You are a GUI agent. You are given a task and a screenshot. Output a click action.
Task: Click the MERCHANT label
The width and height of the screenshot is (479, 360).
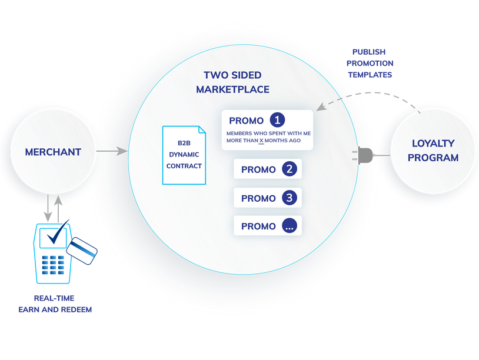pos(53,152)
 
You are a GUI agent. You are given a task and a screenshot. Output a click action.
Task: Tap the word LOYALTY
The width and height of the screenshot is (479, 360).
pos(433,144)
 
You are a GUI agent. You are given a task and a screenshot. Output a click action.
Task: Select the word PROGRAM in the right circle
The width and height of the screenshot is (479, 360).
pos(433,158)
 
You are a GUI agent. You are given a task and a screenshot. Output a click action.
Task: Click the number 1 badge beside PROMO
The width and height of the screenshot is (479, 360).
pos(277,120)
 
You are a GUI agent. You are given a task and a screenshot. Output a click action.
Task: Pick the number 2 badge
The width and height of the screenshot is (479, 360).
pos(289,169)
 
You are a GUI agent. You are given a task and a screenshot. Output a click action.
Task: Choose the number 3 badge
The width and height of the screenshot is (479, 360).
pos(289,198)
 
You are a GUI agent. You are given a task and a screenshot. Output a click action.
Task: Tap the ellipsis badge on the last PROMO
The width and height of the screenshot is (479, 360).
pos(289,226)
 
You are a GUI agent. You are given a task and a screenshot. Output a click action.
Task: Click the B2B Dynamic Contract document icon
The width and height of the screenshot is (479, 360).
pos(184,155)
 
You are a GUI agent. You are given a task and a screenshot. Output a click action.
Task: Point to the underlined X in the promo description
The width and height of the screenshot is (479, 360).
pos(261,141)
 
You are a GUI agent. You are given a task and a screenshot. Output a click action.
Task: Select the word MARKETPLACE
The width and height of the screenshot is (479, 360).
pos(232,89)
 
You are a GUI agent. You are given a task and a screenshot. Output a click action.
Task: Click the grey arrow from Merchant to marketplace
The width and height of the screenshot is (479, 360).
pos(112,151)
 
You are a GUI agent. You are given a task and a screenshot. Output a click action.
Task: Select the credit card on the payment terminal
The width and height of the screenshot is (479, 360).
pos(82,251)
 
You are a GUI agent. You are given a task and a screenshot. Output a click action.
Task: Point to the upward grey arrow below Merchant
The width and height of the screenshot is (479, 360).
pos(58,206)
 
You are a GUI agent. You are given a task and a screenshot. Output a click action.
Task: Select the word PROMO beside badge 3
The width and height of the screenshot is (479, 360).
pos(258,198)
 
